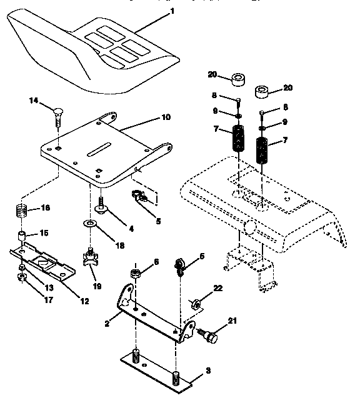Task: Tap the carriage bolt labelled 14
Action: (x=56, y=115)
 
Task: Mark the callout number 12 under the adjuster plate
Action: (x=84, y=301)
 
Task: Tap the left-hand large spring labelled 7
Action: (x=238, y=139)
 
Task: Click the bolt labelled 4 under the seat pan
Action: (x=100, y=204)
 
